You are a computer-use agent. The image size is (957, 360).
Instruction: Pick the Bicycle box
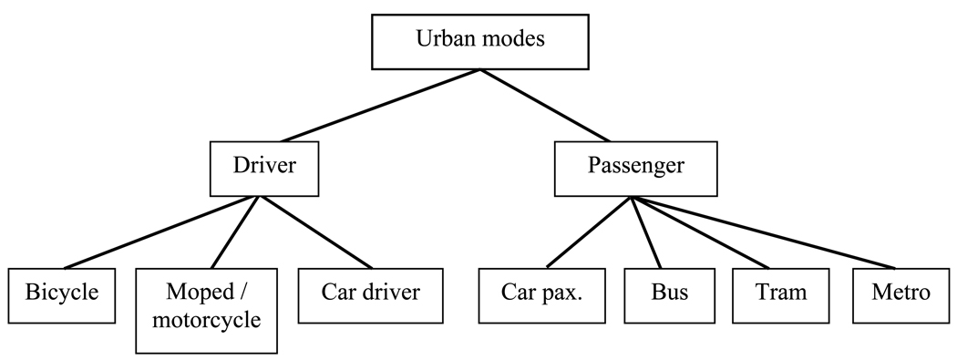click(x=62, y=293)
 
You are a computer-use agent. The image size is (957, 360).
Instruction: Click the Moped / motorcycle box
click(x=207, y=310)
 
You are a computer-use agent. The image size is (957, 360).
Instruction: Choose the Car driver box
click(x=370, y=293)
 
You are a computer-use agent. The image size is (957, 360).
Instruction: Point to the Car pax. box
click(x=542, y=293)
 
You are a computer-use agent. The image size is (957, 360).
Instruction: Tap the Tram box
click(x=781, y=293)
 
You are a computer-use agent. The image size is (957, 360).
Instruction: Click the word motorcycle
click(x=207, y=322)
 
